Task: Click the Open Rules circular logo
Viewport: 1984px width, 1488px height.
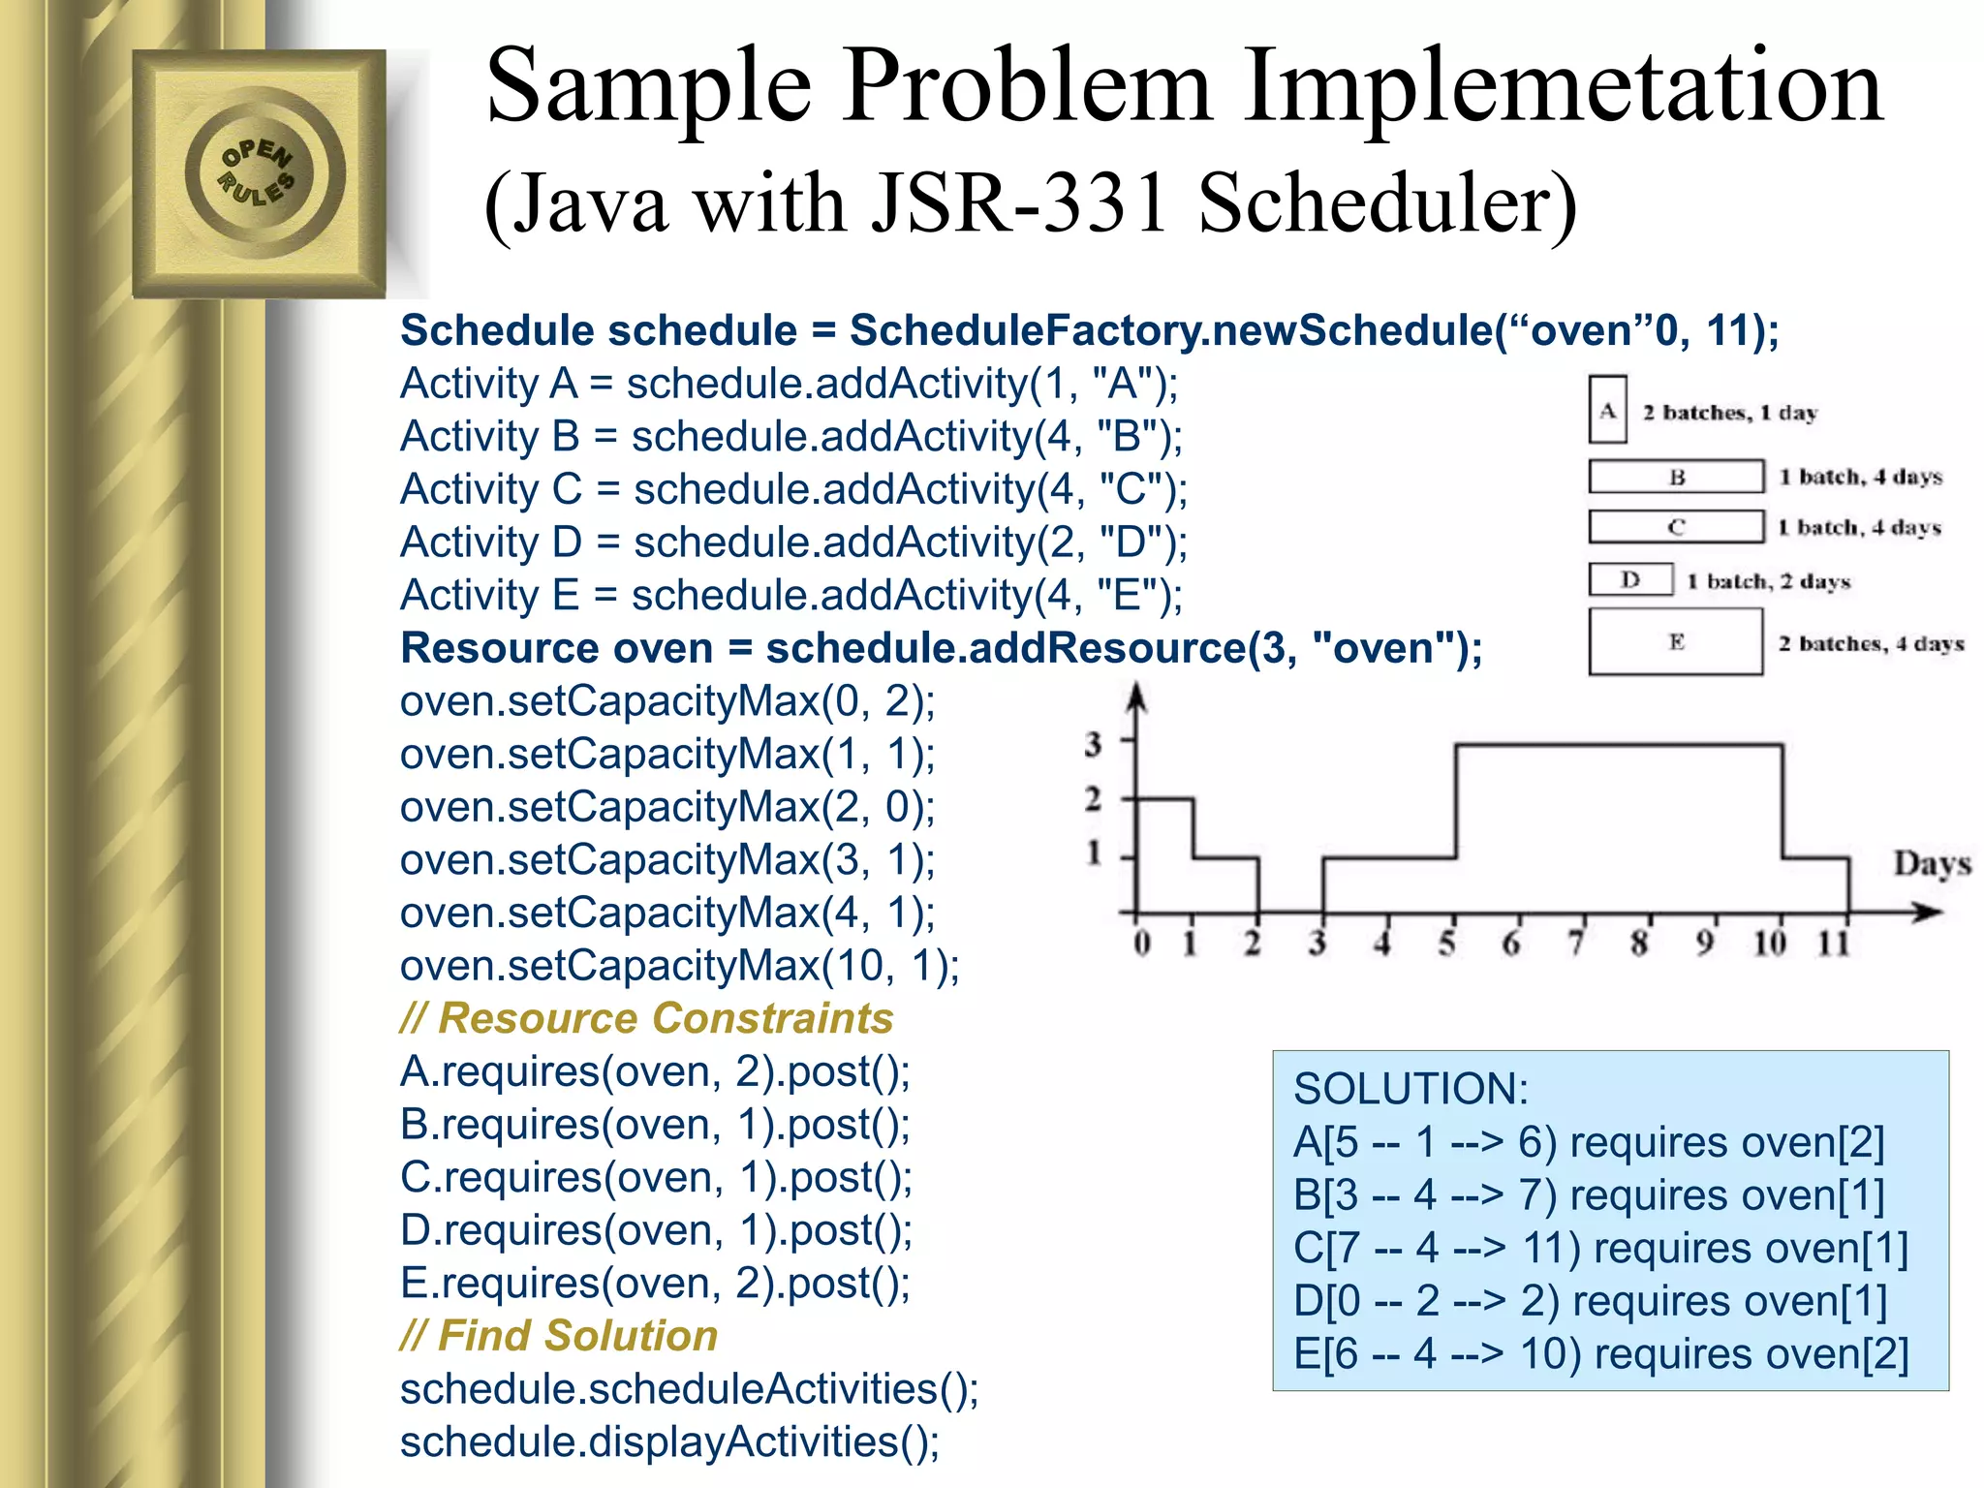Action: tap(259, 173)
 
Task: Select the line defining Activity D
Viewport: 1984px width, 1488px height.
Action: tap(793, 542)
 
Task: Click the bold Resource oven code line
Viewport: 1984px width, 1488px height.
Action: tap(941, 648)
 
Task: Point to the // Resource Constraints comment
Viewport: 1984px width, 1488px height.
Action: tap(646, 1018)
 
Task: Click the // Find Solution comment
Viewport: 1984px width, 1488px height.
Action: tap(559, 1336)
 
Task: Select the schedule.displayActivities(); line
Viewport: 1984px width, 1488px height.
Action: tap(669, 1441)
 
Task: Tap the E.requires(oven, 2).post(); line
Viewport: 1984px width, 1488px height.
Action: tap(655, 1283)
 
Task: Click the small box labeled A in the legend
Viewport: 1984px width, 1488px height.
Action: tap(1607, 410)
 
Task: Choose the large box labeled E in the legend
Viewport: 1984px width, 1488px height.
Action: tap(1675, 641)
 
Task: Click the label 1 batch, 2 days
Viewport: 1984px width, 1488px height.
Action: tap(1768, 581)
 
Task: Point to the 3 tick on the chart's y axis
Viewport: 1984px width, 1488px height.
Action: tap(1094, 744)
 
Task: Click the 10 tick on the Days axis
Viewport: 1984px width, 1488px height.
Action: tap(1769, 943)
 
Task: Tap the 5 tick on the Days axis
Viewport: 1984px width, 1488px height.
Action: tap(1446, 943)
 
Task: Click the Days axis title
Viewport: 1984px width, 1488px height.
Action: tap(1932, 863)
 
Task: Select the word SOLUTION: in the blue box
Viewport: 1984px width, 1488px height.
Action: tap(1410, 1089)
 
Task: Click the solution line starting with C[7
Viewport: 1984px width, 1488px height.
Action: tap(1600, 1248)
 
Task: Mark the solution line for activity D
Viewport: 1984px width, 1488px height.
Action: tap(1590, 1301)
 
